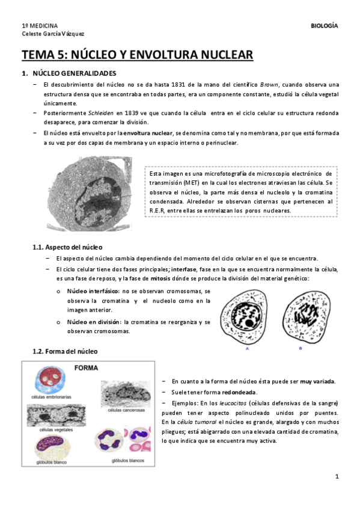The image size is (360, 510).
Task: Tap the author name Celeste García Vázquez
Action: click(x=53, y=34)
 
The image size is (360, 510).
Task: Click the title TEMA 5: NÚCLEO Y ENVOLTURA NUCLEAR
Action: click(x=137, y=56)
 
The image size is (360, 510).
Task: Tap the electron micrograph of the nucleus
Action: click(x=98, y=196)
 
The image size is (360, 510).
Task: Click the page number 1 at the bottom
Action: click(x=337, y=477)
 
